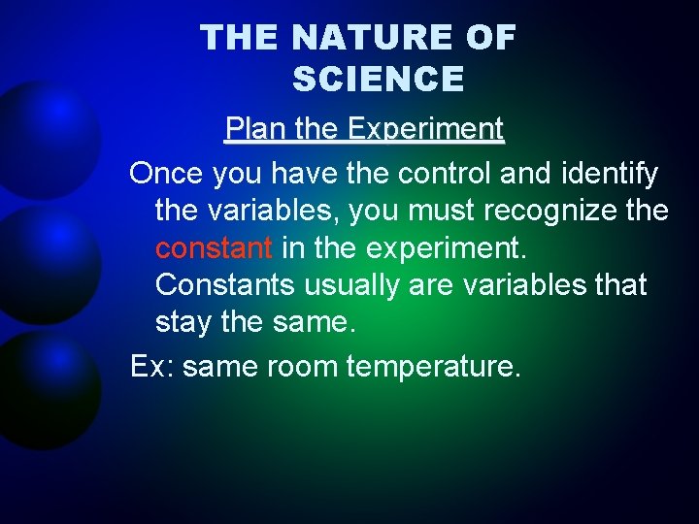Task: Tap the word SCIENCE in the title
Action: [378, 80]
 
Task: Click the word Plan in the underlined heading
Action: [250, 129]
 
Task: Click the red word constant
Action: [214, 247]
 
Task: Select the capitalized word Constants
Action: [226, 285]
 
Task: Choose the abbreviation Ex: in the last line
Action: [152, 368]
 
